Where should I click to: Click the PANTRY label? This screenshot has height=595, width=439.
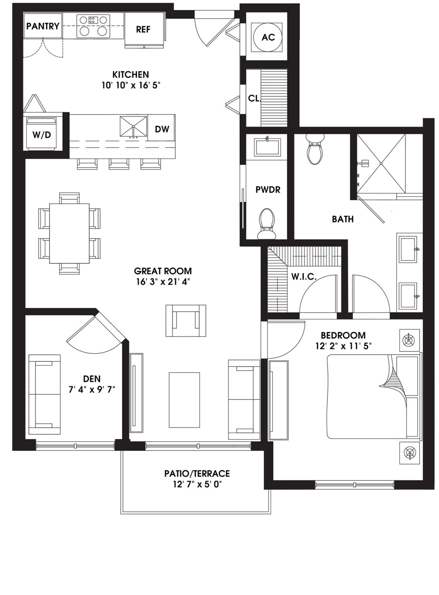pyautogui.click(x=43, y=26)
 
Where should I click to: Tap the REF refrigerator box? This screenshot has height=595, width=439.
pyautogui.click(x=143, y=29)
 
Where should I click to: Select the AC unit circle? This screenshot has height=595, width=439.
pyautogui.click(x=268, y=37)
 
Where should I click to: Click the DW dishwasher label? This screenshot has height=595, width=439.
pyautogui.click(x=162, y=129)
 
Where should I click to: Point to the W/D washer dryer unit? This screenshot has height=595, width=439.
pyautogui.click(x=42, y=134)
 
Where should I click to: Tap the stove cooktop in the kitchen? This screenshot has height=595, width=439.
pyautogui.click(x=93, y=26)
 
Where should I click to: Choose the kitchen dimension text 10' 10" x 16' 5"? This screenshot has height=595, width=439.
pyautogui.click(x=130, y=85)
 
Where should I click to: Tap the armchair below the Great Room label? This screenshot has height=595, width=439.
pyautogui.click(x=185, y=320)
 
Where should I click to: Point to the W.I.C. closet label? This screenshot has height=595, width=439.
pyautogui.click(x=304, y=277)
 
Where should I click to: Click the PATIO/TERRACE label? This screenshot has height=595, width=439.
pyautogui.click(x=197, y=473)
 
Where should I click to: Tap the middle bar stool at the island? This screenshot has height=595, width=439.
pyautogui.click(x=118, y=164)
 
